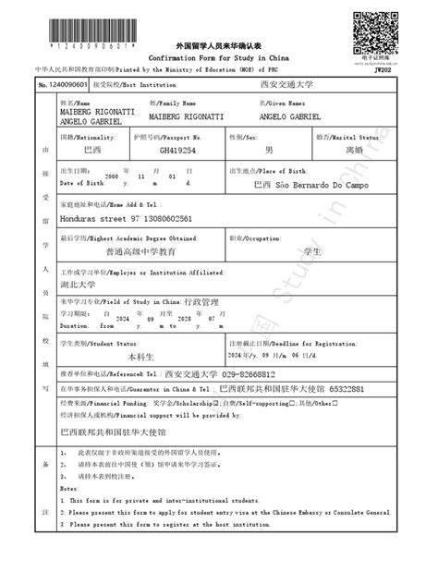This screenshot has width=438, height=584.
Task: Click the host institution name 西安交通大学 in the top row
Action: (x=287, y=84)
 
